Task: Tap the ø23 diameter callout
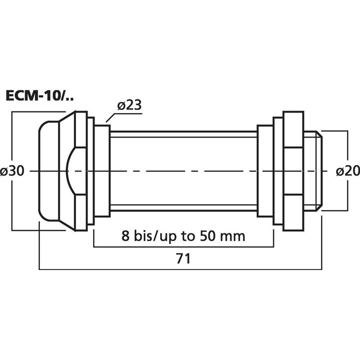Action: click(129, 105)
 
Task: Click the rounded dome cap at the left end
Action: click(47, 171)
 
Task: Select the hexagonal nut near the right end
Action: click(292, 171)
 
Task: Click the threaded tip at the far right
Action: click(313, 171)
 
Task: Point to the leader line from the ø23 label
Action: click(112, 117)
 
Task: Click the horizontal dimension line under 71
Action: click(125, 270)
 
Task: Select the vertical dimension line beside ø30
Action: click(12, 150)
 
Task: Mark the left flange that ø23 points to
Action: click(102, 171)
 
